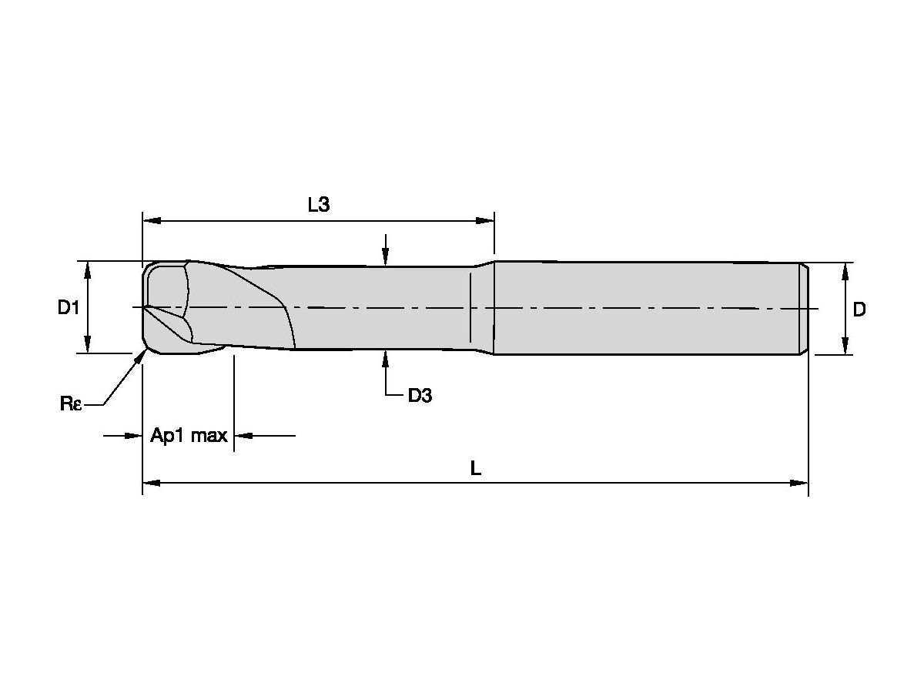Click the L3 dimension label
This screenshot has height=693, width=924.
coord(319,205)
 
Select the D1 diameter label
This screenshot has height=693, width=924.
coord(69,308)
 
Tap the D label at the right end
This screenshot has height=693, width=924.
coord(859,310)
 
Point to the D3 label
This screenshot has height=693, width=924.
coord(420,397)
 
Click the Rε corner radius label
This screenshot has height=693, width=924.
coord(71,403)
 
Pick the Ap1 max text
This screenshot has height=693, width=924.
coord(189,436)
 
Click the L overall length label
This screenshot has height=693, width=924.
coord(476,468)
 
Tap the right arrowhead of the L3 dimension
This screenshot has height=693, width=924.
coord(487,221)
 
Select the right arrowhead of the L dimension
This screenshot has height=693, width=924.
coord(800,483)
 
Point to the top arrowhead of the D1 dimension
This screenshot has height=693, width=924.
coord(88,268)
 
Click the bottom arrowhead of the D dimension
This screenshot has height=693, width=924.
coord(845,347)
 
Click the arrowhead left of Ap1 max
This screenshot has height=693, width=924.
coord(136,436)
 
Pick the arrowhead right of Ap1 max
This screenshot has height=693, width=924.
coord(241,436)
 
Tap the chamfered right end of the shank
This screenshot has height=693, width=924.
coord(804,308)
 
